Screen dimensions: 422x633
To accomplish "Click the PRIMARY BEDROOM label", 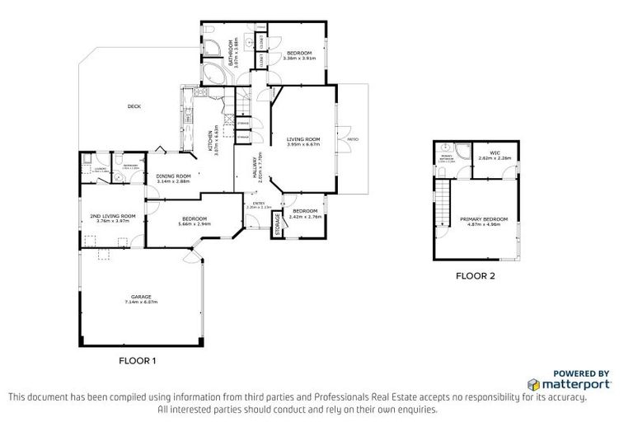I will tap(490, 220).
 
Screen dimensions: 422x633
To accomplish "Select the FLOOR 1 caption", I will tap(138, 360).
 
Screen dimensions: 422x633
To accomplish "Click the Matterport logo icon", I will tap(533, 385).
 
